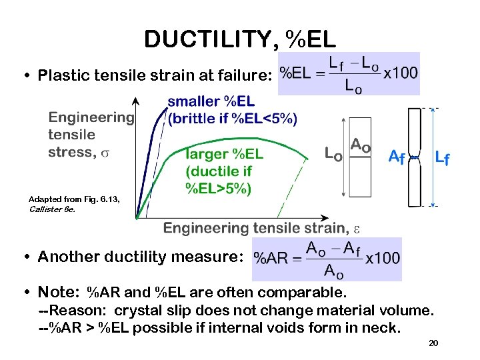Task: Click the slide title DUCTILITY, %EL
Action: [x=240, y=39]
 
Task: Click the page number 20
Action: [x=433, y=343]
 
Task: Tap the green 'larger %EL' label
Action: [x=225, y=154]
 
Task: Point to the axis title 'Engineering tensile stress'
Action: [x=91, y=135]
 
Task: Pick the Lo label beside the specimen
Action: [x=333, y=153]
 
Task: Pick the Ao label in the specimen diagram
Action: [x=360, y=145]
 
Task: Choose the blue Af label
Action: [x=397, y=157]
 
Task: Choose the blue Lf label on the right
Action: [x=441, y=158]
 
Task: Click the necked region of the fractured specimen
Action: [x=415, y=157]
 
